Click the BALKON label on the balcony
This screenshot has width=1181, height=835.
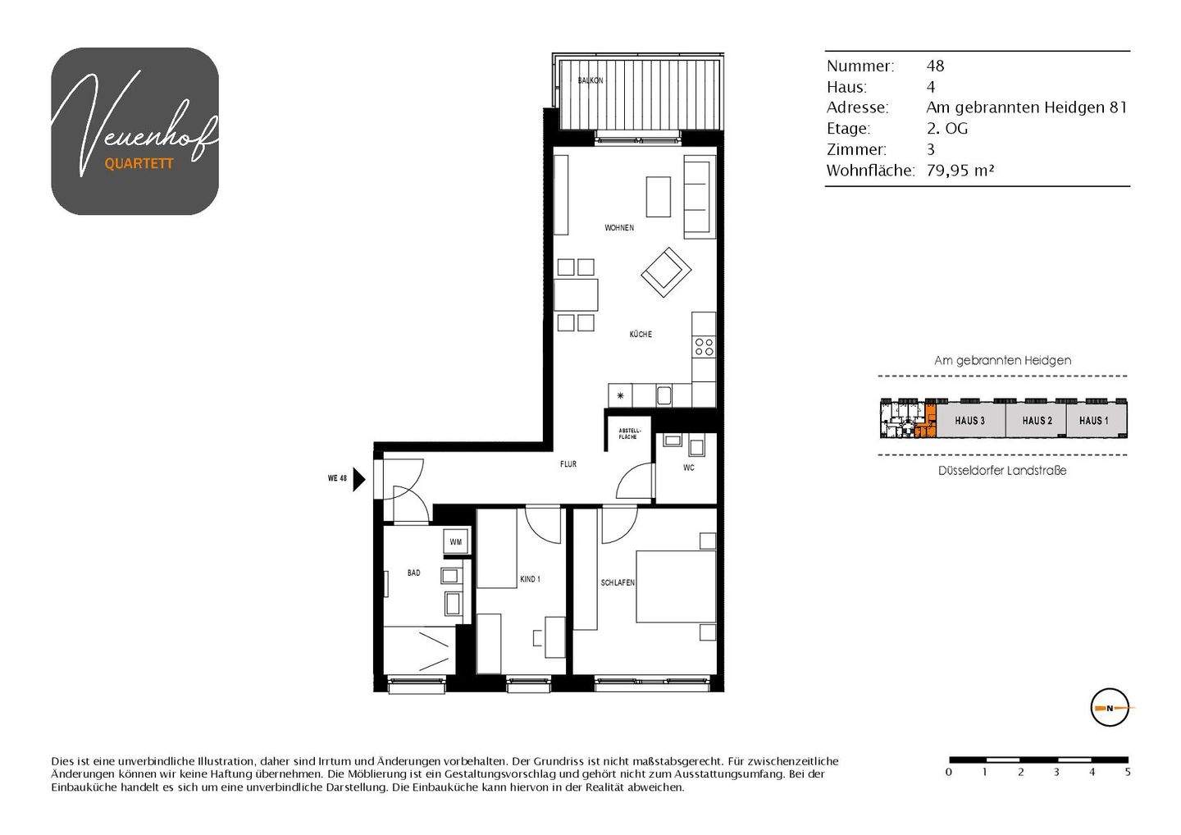click(590, 80)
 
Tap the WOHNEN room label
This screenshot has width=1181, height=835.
click(619, 228)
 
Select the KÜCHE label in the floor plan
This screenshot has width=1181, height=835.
click(641, 335)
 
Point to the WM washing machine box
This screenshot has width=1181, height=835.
click(455, 542)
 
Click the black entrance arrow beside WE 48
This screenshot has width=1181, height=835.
click(358, 478)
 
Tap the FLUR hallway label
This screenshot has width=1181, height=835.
click(568, 464)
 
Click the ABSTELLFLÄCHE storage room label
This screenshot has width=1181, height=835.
click(629, 434)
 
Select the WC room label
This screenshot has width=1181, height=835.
click(688, 468)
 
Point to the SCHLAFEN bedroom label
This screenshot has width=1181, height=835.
click(618, 583)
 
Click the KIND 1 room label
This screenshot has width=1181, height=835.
click(530, 579)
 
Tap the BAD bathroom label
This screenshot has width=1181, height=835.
click(413, 573)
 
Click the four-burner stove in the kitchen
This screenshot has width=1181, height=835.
click(704, 347)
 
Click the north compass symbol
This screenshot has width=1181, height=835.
click(1110, 707)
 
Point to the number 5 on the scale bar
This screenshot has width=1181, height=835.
click(1128, 773)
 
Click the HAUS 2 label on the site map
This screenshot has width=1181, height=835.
click(1037, 421)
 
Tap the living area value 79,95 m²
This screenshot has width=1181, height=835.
click(960, 171)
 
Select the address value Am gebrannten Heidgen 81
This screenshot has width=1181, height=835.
click(1026, 107)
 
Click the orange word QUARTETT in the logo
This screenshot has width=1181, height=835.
click(139, 164)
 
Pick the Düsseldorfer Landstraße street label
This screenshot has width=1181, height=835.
click(1002, 471)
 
